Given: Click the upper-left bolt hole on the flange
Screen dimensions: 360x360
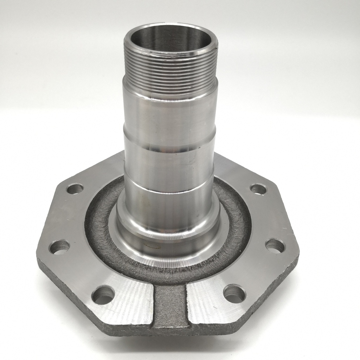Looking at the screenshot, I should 75,189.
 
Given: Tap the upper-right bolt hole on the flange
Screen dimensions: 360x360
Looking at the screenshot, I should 258,189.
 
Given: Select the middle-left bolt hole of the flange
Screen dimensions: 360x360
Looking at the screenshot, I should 59,247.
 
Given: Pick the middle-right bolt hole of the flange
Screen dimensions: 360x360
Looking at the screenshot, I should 275,246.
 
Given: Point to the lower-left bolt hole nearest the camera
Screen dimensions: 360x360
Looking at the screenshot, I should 103,295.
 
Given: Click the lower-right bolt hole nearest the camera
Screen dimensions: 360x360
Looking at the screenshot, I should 234,294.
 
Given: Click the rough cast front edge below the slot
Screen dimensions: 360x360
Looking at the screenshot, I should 170,330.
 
